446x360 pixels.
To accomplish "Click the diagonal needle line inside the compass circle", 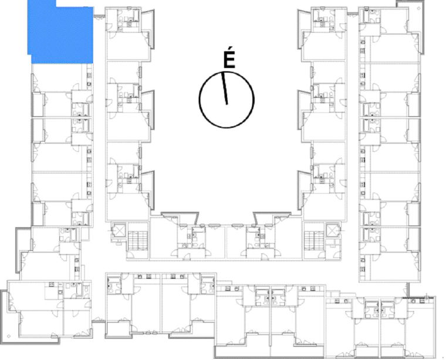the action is (224, 89).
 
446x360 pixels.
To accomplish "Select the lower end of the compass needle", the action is (227, 104).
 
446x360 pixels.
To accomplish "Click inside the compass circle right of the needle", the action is (241, 100).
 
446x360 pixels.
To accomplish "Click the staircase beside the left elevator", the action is (138, 240).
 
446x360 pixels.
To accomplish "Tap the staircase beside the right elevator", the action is (314, 240).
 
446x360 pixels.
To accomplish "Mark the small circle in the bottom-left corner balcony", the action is (9, 336).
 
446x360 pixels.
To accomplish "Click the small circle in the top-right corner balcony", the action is (418, 8).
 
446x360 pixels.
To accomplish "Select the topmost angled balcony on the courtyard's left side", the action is (148, 29).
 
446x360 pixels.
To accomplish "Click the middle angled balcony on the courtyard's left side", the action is (148, 110).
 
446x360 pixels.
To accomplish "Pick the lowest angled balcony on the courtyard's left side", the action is (148, 191).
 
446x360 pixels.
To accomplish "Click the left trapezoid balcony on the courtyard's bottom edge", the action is (180, 218).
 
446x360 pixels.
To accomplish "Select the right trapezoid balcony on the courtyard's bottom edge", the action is (272, 218).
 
